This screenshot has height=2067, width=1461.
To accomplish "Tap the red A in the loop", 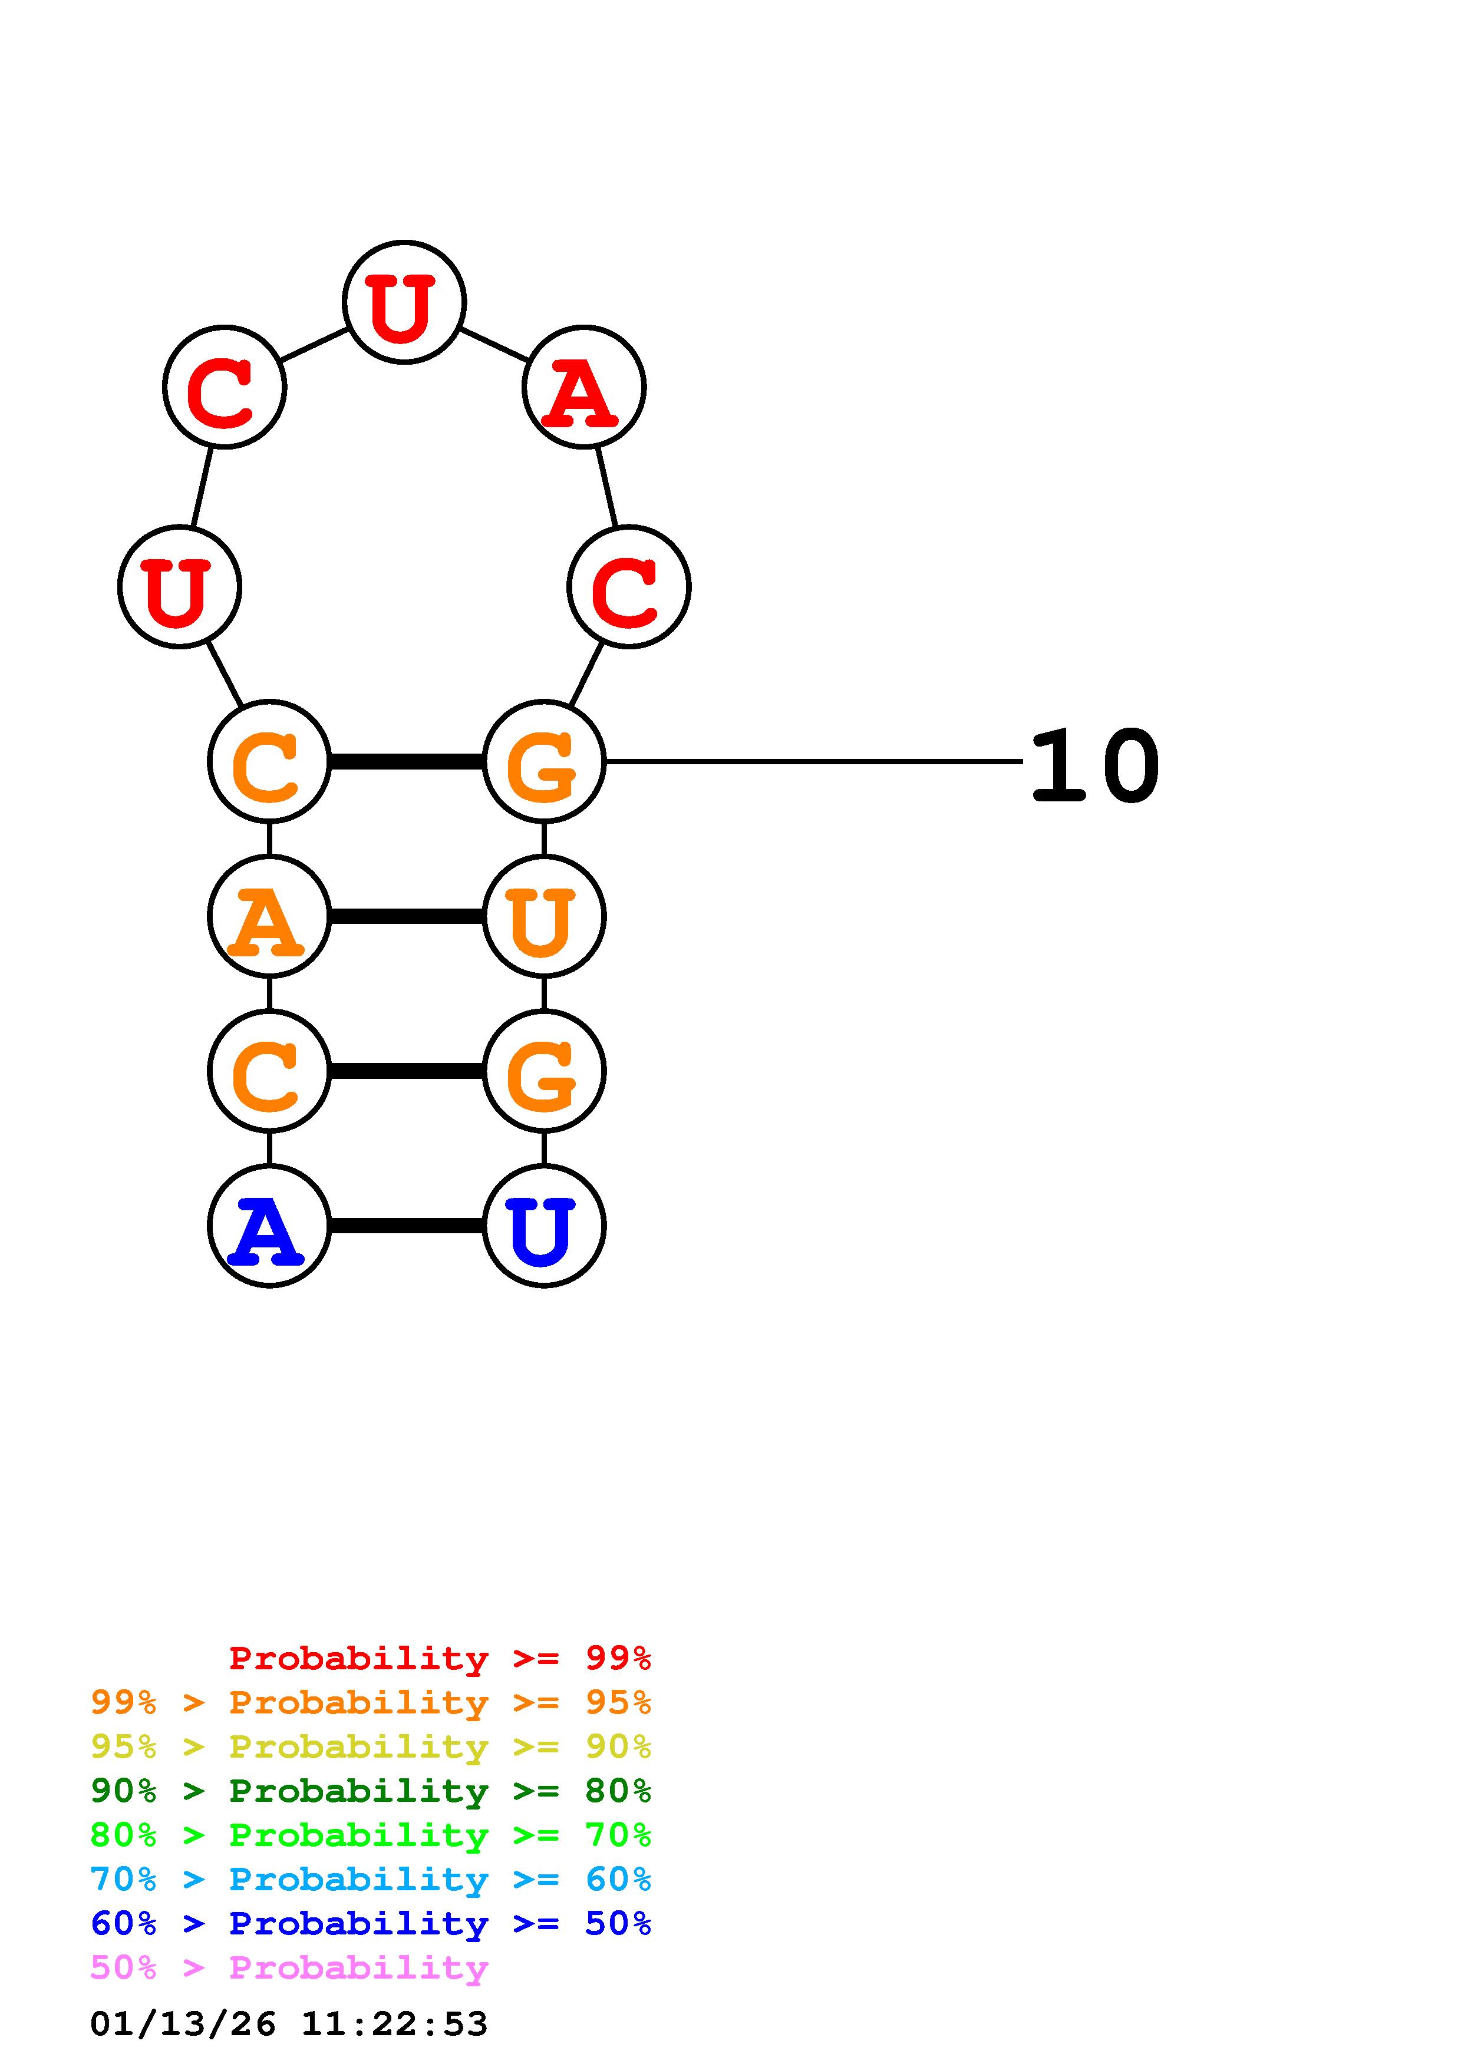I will tap(583, 387).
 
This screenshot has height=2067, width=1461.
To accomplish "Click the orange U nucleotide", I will tap(544, 916).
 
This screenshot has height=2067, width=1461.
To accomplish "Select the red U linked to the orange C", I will tap(179, 587).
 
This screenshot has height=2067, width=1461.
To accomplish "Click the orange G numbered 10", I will tap(544, 762).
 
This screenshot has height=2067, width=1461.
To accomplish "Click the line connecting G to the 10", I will tap(810, 762).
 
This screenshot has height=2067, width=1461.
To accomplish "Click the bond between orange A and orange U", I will tap(406, 916).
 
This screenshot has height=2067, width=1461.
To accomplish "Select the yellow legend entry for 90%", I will tap(370, 1746).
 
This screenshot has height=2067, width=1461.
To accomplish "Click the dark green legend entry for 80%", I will tap(370, 1791).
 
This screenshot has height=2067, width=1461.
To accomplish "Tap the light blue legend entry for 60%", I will tap(370, 1879).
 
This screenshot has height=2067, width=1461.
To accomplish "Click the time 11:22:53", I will tap(394, 2024).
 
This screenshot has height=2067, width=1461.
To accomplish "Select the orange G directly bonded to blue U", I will tap(544, 1071).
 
